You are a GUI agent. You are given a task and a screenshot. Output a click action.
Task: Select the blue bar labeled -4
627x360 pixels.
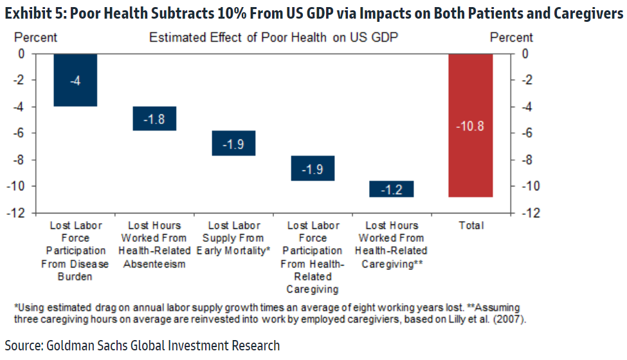(75, 80)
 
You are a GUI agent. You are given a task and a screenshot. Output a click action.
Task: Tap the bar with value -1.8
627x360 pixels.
(154, 118)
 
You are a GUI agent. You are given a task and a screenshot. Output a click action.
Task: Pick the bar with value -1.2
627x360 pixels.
(392, 189)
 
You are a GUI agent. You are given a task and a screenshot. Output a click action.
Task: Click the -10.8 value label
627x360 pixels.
(471, 126)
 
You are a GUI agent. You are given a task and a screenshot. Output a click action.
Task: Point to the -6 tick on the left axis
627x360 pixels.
(21, 133)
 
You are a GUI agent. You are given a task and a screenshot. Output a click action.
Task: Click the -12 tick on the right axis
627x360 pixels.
(525, 213)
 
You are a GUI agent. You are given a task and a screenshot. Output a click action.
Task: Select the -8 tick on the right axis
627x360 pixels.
(525, 159)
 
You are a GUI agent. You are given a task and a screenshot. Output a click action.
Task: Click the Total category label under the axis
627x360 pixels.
(471, 226)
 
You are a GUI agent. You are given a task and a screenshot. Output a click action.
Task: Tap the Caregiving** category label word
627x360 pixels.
(392, 264)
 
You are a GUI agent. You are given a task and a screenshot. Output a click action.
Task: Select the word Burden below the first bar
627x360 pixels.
(75, 277)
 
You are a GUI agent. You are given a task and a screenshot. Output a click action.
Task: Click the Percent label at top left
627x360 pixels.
(35, 37)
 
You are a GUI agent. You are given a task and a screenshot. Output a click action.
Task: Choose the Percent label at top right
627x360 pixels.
(511, 37)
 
